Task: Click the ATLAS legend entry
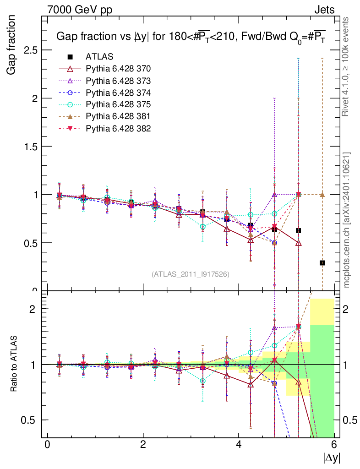point(99,57)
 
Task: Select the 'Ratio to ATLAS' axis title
point(15,364)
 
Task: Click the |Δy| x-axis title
point(332,458)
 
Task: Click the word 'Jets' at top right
point(324,9)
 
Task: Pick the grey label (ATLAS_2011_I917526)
point(191,274)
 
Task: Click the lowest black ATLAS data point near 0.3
point(322,263)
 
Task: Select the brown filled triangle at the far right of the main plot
point(322,194)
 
